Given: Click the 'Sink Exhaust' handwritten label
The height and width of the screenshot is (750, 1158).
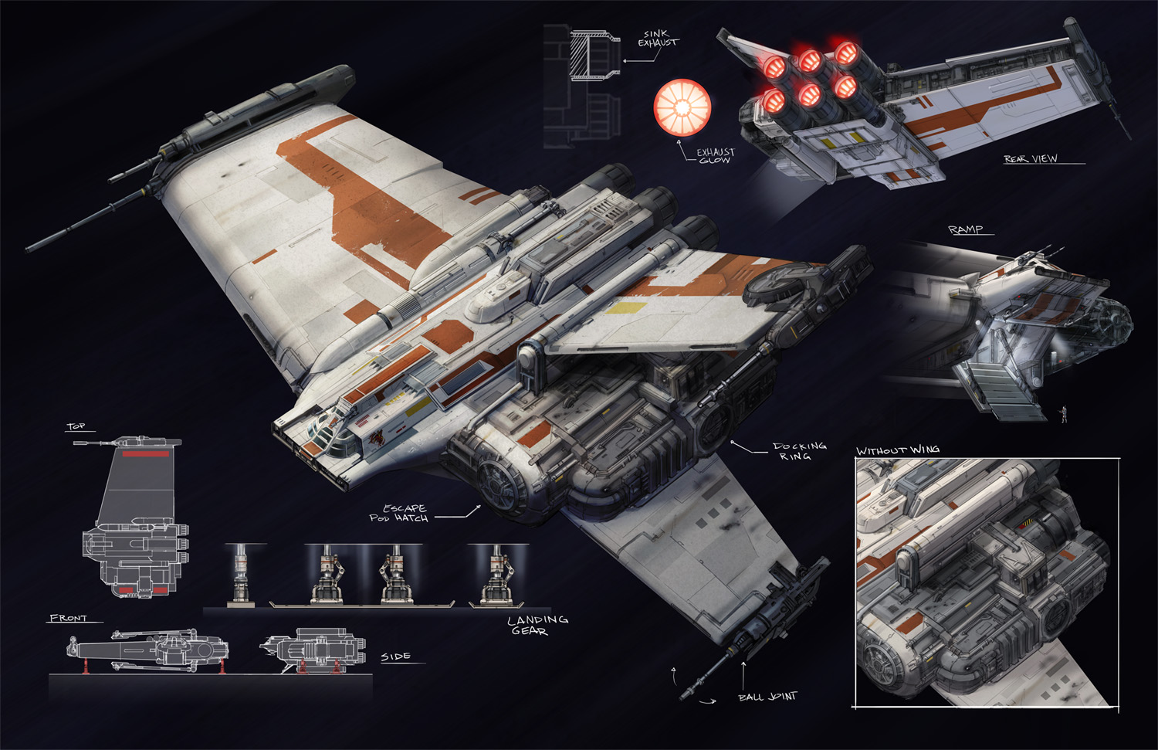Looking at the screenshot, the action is [658, 39].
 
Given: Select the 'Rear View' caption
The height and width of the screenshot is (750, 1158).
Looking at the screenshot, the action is [1031, 158].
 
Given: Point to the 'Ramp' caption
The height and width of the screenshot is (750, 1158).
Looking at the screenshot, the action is [965, 229].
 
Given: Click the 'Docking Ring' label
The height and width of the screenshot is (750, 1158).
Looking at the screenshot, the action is [799, 450].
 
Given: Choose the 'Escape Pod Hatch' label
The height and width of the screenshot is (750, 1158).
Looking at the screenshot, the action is [399, 513].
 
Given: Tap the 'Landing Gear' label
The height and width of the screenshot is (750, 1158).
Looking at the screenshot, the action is [537, 625].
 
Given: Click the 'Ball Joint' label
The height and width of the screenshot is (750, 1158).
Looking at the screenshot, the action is [767, 697].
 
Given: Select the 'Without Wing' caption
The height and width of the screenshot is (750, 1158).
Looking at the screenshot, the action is [898, 450].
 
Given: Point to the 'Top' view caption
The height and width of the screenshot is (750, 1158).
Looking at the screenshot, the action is [76, 426].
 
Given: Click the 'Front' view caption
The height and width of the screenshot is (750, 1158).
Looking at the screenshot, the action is [68, 618].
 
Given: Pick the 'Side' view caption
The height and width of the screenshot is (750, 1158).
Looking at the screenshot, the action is [395, 657].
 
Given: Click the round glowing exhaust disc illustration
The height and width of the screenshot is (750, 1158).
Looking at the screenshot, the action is [682, 107].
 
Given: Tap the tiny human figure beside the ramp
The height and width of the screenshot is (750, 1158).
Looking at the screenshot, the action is [1064, 414].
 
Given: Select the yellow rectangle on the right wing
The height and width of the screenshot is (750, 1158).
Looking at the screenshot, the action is [626, 308].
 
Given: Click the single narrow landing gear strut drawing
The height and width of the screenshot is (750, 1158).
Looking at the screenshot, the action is [241, 574].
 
